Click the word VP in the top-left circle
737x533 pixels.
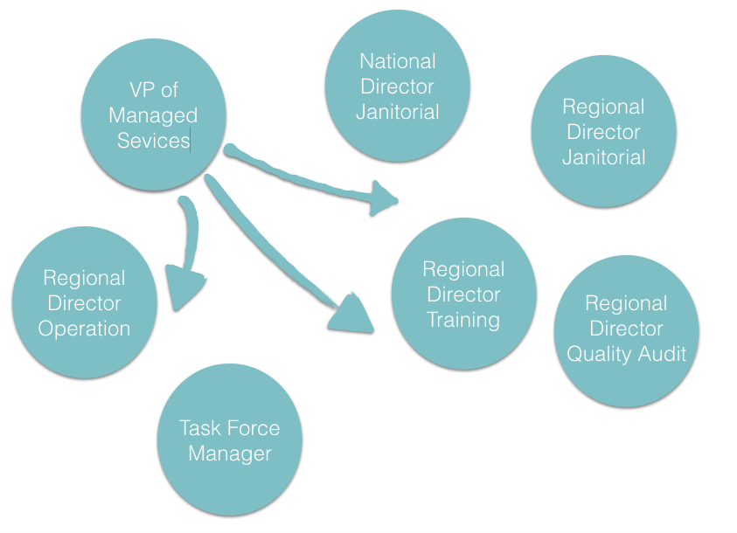[x=139, y=90]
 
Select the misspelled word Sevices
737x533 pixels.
[x=154, y=140]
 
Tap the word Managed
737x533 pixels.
[x=154, y=115]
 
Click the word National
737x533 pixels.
[x=398, y=61]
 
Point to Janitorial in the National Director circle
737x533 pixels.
[x=398, y=112]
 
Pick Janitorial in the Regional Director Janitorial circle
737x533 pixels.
[x=604, y=157]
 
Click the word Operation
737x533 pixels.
[x=85, y=329]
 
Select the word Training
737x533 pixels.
[x=463, y=319]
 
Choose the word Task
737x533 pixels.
[x=198, y=428]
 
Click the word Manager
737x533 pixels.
[x=230, y=453]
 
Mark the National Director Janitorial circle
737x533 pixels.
[x=398, y=140]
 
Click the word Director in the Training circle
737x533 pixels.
[x=463, y=294]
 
